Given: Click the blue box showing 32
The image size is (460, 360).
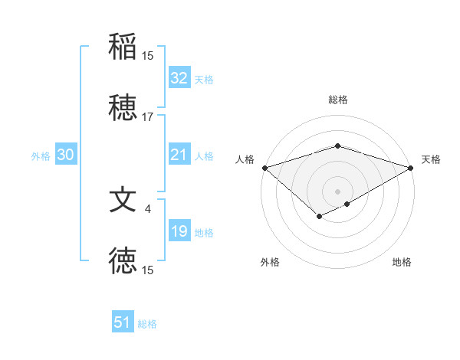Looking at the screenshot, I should pyautogui.click(x=179, y=78).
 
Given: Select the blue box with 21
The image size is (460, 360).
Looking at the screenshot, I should pyautogui.click(x=179, y=155).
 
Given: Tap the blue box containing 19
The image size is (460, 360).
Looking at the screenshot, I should pyautogui.click(x=179, y=231).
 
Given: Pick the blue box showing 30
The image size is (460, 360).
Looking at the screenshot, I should pyautogui.click(x=65, y=155).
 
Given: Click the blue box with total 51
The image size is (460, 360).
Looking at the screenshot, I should pyautogui.click(x=123, y=322).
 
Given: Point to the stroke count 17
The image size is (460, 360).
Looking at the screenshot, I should pyautogui.click(x=148, y=117).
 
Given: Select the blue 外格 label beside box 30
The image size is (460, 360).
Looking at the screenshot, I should pyautogui.click(x=41, y=155).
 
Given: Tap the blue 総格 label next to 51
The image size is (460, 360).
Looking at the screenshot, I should pyautogui.click(x=147, y=324).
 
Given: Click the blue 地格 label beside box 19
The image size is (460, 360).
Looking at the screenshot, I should pyautogui.click(x=204, y=232).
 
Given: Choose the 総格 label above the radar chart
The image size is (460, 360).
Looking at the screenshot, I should pyautogui.click(x=337, y=100).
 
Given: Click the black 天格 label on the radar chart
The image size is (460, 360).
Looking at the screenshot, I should pyautogui.click(x=431, y=159).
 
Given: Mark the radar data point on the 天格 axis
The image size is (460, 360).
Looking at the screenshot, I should pyautogui.click(x=412, y=167).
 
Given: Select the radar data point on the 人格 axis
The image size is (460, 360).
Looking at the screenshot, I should pyautogui.click(x=264, y=167).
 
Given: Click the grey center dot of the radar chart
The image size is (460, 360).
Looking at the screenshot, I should pyautogui.click(x=337, y=191).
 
